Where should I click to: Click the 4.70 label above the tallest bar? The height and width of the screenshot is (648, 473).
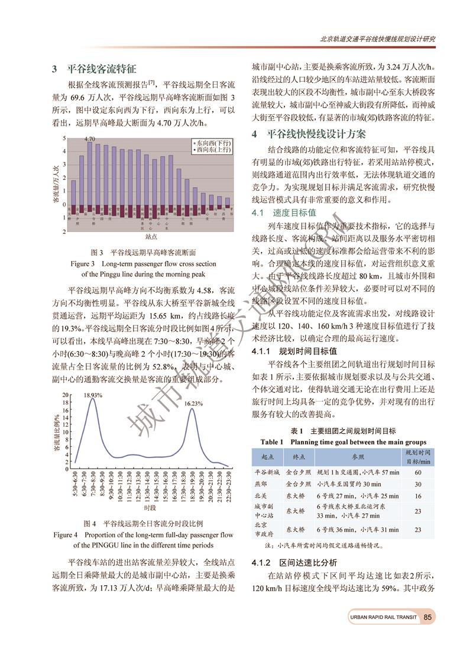(x=90, y=139)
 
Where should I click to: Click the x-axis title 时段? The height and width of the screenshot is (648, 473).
(x=150, y=508)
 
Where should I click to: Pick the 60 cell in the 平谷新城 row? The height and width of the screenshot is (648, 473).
(x=418, y=472)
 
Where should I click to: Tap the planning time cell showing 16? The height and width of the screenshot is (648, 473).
(x=418, y=495)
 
